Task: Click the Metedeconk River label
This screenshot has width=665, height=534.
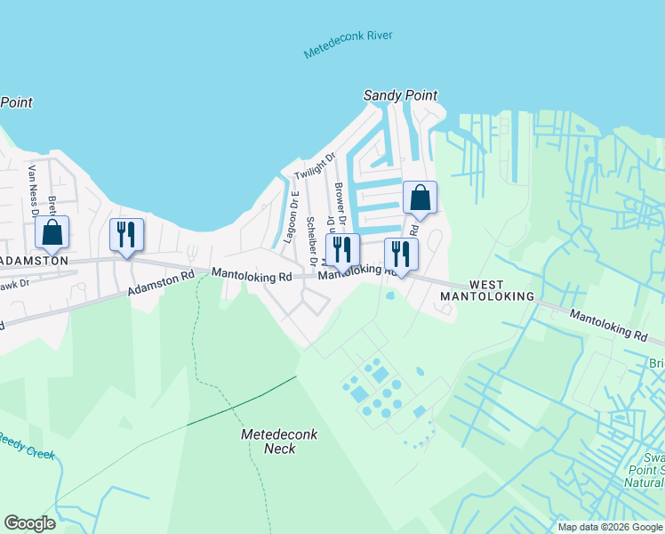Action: point(348,45)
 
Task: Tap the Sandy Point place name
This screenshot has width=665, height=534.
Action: point(401,95)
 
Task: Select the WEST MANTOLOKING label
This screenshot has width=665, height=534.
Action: point(501,289)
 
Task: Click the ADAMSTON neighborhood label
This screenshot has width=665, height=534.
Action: point(34,261)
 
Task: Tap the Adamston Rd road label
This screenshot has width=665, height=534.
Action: point(160,284)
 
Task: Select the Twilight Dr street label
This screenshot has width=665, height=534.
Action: point(315,166)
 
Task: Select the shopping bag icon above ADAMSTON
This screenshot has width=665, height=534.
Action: point(52,233)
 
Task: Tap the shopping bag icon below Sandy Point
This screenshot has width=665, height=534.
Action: point(420,198)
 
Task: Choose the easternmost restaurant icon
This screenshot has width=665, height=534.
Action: point(401,255)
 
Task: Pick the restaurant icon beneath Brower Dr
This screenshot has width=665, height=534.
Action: point(342,251)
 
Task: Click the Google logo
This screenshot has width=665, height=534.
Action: point(29,523)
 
